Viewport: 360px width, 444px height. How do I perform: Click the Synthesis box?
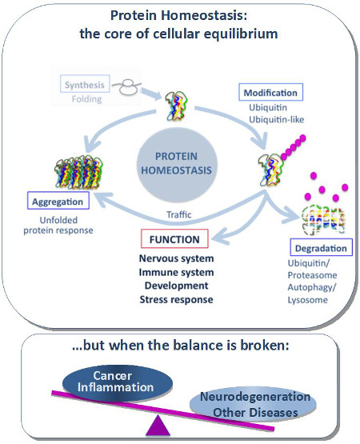[x=85, y=84]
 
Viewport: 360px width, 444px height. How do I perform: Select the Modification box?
[x=270, y=92]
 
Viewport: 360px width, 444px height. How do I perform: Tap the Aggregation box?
[x=58, y=201]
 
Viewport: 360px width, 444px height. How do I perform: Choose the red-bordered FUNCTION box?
[x=174, y=238]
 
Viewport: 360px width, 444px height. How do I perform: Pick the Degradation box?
[x=321, y=247]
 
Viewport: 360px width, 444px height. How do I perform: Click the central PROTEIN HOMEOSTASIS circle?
[x=177, y=164]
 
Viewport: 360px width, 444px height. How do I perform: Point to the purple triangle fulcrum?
[x=158, y=426]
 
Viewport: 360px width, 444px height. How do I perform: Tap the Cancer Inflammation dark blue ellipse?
[x=117, y=383]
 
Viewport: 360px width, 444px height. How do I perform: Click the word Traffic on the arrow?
[x=178, y=214]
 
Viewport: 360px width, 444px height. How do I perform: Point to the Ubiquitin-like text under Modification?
[x=277, y=119]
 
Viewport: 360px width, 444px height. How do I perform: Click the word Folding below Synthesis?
[x=86, y=99]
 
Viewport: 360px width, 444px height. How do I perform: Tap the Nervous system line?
[x=176, y=258]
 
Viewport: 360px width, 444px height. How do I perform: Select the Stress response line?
[x=176, y=299]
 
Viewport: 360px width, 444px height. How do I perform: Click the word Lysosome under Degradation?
[x=308, y=300]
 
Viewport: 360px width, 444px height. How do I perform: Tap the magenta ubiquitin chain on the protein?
[x=293, y=147]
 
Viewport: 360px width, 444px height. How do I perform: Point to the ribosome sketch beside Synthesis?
[x=127, y=86]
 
